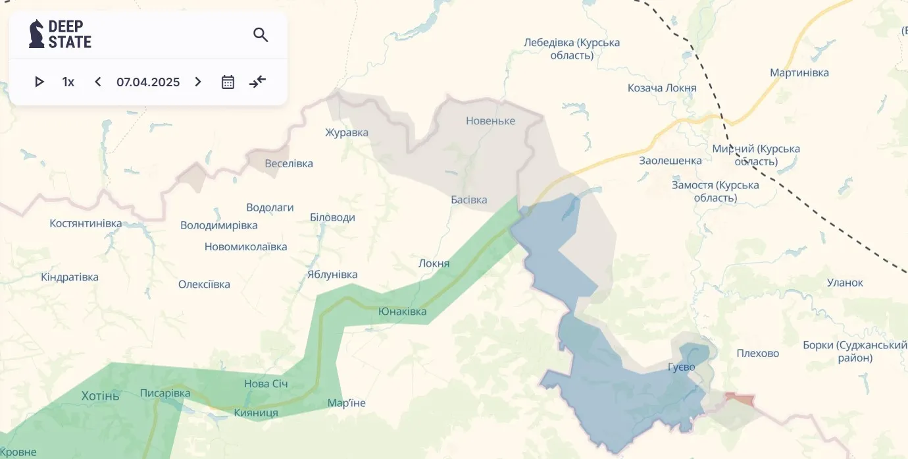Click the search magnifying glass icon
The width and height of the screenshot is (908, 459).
(261, 35)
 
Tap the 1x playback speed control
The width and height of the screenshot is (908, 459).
(68, 82)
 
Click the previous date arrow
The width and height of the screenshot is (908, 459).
(98, 82)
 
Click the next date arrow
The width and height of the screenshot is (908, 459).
(198, 82)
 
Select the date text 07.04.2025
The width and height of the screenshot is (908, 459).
(148, 82)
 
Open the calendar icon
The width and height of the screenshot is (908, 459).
(228, 82)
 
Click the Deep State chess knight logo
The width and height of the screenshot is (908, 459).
(37, 34)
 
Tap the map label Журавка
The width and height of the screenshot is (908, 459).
(347, 132)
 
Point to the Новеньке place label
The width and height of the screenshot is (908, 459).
(490, 121)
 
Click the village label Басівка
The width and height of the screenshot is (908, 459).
(469, 200)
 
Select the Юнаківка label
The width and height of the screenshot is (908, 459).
(403, 311)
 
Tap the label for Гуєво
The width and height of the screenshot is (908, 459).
(681, 367)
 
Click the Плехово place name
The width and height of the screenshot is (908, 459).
(758, 353)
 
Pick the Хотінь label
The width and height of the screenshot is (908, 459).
(101, 396)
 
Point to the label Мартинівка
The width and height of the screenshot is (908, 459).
(799, 72)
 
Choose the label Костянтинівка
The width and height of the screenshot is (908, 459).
(86, 223)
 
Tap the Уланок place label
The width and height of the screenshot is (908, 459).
(845, 283)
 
